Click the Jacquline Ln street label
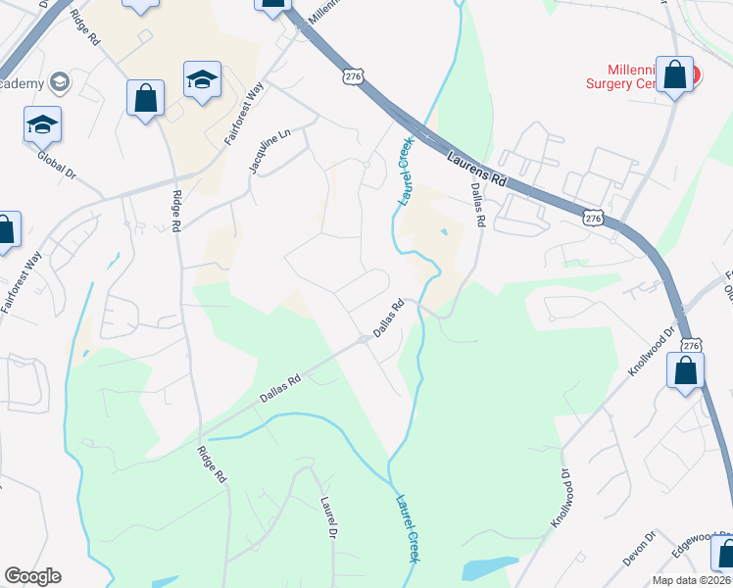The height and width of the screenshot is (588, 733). pos(257,153)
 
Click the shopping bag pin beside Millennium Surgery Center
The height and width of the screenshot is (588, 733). pos(674,74)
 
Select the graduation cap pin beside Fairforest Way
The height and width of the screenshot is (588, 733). pos(202,80)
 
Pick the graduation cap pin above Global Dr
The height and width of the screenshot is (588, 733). pos(42,124)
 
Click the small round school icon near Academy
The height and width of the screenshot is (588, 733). pos(59,82)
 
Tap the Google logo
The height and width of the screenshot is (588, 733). pos(32,576)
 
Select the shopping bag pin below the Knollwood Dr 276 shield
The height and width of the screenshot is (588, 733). pos(685,371)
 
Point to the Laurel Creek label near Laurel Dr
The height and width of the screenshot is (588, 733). pos(407,527)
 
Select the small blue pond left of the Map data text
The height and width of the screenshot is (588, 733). pos(488,567)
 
